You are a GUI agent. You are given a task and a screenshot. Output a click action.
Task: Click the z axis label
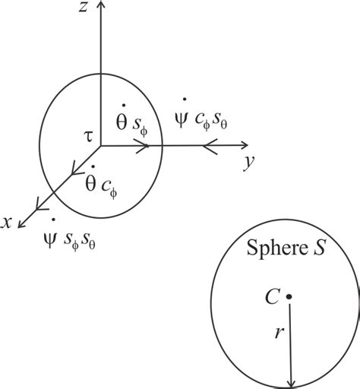[x=83, y=7]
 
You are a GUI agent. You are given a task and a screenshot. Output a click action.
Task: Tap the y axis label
[x=249, y=163]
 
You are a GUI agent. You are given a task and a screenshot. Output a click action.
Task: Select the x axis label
[x=6, y=223]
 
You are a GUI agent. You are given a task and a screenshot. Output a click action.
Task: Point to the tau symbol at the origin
[x=88, y=138]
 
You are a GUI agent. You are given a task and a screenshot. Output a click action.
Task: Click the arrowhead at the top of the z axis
[x=101, y=4]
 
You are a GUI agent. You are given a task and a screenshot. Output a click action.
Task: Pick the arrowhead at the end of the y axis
[x=244, y=145]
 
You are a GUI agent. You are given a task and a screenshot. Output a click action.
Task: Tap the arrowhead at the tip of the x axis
[x=21, y=223]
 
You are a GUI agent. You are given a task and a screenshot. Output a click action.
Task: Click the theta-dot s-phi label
[x=131, y=121]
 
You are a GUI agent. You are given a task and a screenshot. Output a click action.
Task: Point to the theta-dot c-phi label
[x=101, y=182]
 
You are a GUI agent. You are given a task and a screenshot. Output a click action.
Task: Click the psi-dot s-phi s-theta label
[x=70, y=235]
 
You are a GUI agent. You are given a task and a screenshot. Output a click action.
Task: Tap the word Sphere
[x=277, y=248]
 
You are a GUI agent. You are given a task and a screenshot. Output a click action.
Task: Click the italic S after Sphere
[x=319, y=247]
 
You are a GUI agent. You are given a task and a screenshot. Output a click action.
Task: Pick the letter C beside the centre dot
[x=272, y=297]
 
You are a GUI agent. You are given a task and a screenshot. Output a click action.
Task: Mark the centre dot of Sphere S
[x=289, y=296]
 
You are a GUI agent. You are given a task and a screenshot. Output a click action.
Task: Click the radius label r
[x=279, y=333]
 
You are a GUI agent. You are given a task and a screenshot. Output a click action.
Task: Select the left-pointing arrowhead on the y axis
[x=210, y=146]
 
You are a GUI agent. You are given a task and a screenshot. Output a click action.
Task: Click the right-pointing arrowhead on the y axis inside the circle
[x=142, y=146]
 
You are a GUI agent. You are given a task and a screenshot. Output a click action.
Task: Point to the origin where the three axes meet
[x=101, y=146]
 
